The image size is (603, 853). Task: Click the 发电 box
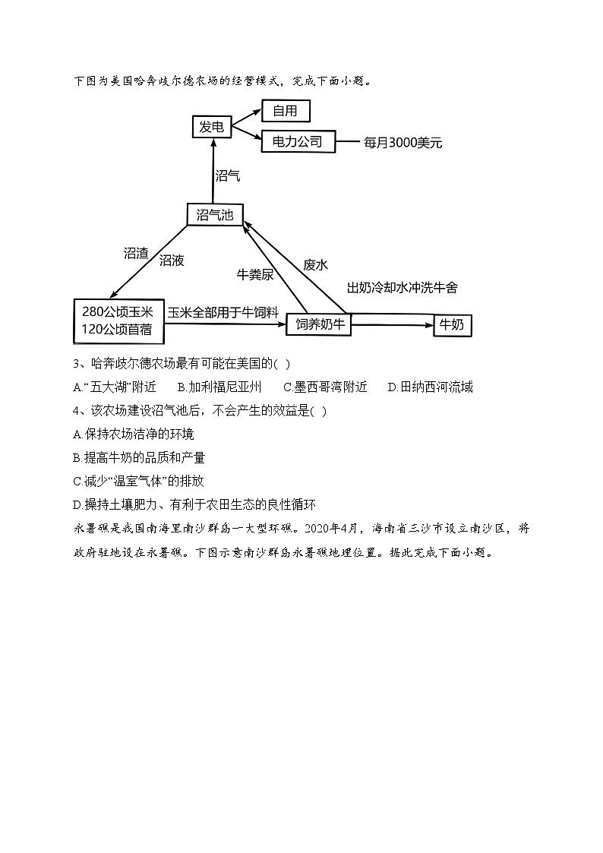point(211,127)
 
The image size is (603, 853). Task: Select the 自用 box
point(286,111)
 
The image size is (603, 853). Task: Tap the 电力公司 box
point(297,141)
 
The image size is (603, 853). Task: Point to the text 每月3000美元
point(403,142)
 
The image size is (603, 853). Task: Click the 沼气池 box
point(214,215)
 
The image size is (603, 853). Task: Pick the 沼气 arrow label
point(228,175)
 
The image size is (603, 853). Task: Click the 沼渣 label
point(136,253)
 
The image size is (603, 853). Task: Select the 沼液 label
point(172,261)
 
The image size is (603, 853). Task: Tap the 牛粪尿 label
point(255,275)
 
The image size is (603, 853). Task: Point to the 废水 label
point(315,264)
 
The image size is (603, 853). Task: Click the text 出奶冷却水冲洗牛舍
point(402,288)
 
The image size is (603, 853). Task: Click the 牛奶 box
point(452,326)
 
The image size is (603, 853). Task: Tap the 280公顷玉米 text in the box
point(118,312)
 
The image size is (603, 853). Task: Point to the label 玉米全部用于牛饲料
point(223,312)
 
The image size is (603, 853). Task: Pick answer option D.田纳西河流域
point(430,387)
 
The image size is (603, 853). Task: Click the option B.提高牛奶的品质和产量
point(139,457)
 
